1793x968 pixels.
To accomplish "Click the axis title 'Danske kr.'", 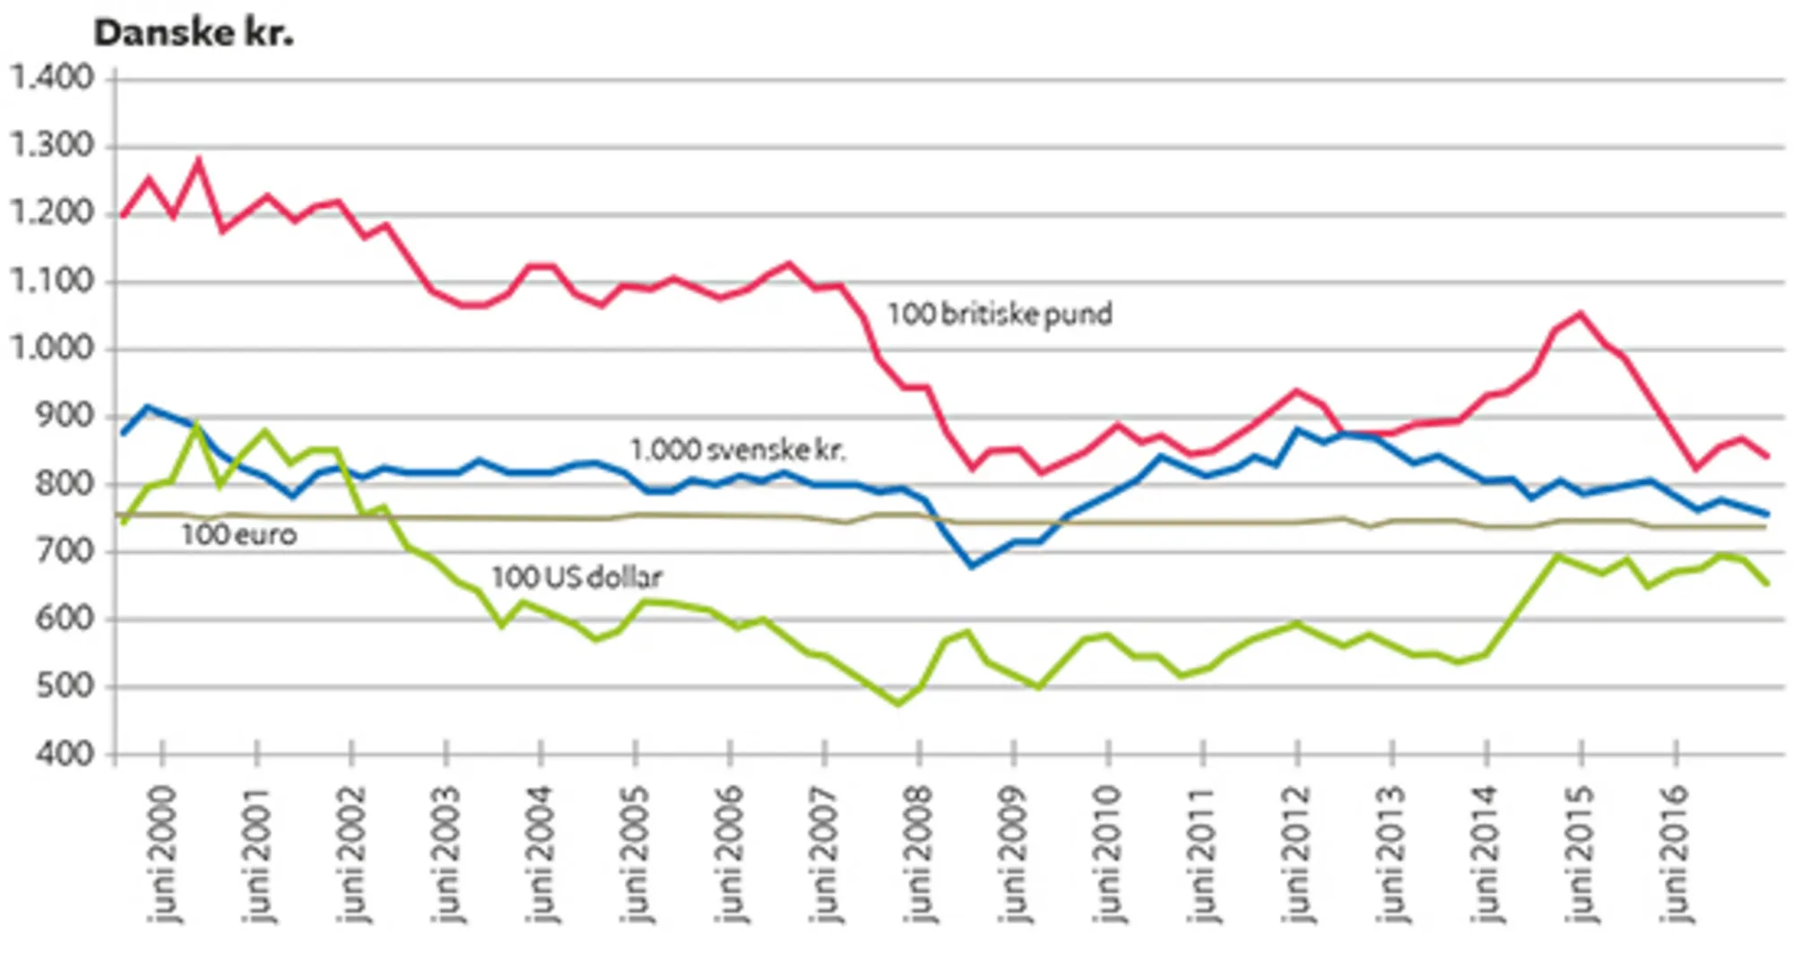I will pyautogui.click(x=194, y=33).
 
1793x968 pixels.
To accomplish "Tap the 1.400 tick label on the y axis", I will pyautogui.click(x=52, y=78).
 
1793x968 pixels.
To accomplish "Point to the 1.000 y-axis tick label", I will pyautogui.click(x=52, y=348).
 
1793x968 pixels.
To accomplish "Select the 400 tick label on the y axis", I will pyautogui.click(x=65, y=755).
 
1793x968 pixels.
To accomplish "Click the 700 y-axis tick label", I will pyautogui.click(x=65, y=551).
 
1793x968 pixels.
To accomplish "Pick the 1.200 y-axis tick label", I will pyautogui.click(x=52, y=213).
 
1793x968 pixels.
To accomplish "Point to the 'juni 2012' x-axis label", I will pyautogui.click(x=1297, y=853).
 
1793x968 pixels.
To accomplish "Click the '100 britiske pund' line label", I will pyautogui.click(x=1000, y=315).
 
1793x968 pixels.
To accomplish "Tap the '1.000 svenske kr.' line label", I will pyautogui.click(x=738, y=449).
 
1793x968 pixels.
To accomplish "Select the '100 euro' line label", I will pyautogui.click(x=238, y=535).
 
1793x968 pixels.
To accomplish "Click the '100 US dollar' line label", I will pyautogui.click(x=576, y=577).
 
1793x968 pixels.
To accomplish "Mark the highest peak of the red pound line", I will pyautogui.click(x=198, y=161).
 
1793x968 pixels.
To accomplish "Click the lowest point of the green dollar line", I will pyautogui.click(x=898, y=704).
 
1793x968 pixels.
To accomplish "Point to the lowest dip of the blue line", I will pyautogui.click(x=972, y=566).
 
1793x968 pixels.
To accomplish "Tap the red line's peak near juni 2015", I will pyautogui.click(x=1580, y=313).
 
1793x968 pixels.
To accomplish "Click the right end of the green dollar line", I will pyautogui.click(x=1767, y=584).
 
